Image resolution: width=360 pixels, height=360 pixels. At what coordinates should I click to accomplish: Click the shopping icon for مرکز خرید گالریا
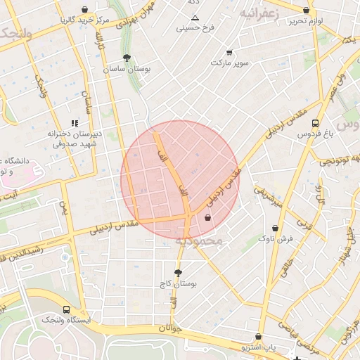coord(85,10)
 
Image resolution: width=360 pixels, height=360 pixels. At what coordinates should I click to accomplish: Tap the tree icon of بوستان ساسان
coord(126,58)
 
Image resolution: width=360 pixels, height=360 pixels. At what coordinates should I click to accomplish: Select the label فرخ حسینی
coord(195,29)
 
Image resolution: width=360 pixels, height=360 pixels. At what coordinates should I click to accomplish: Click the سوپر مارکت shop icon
coord(229,53)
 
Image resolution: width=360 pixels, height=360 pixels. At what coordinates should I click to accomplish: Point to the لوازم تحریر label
coord(305,21)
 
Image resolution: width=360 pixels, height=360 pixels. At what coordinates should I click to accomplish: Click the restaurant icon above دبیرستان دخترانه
coord(75,123)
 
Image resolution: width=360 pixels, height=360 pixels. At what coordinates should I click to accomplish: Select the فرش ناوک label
coord(275,239)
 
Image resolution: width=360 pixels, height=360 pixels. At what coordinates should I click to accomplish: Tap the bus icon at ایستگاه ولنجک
coord(66,309)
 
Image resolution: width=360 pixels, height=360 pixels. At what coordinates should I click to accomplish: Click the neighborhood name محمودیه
coord(198,241)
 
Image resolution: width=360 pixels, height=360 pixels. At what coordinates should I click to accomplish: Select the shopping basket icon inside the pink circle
coord(207,218)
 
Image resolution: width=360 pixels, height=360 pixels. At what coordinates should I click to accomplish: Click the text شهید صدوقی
coord(79,143)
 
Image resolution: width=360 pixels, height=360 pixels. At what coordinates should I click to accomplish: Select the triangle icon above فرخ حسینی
coord(195,18)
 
